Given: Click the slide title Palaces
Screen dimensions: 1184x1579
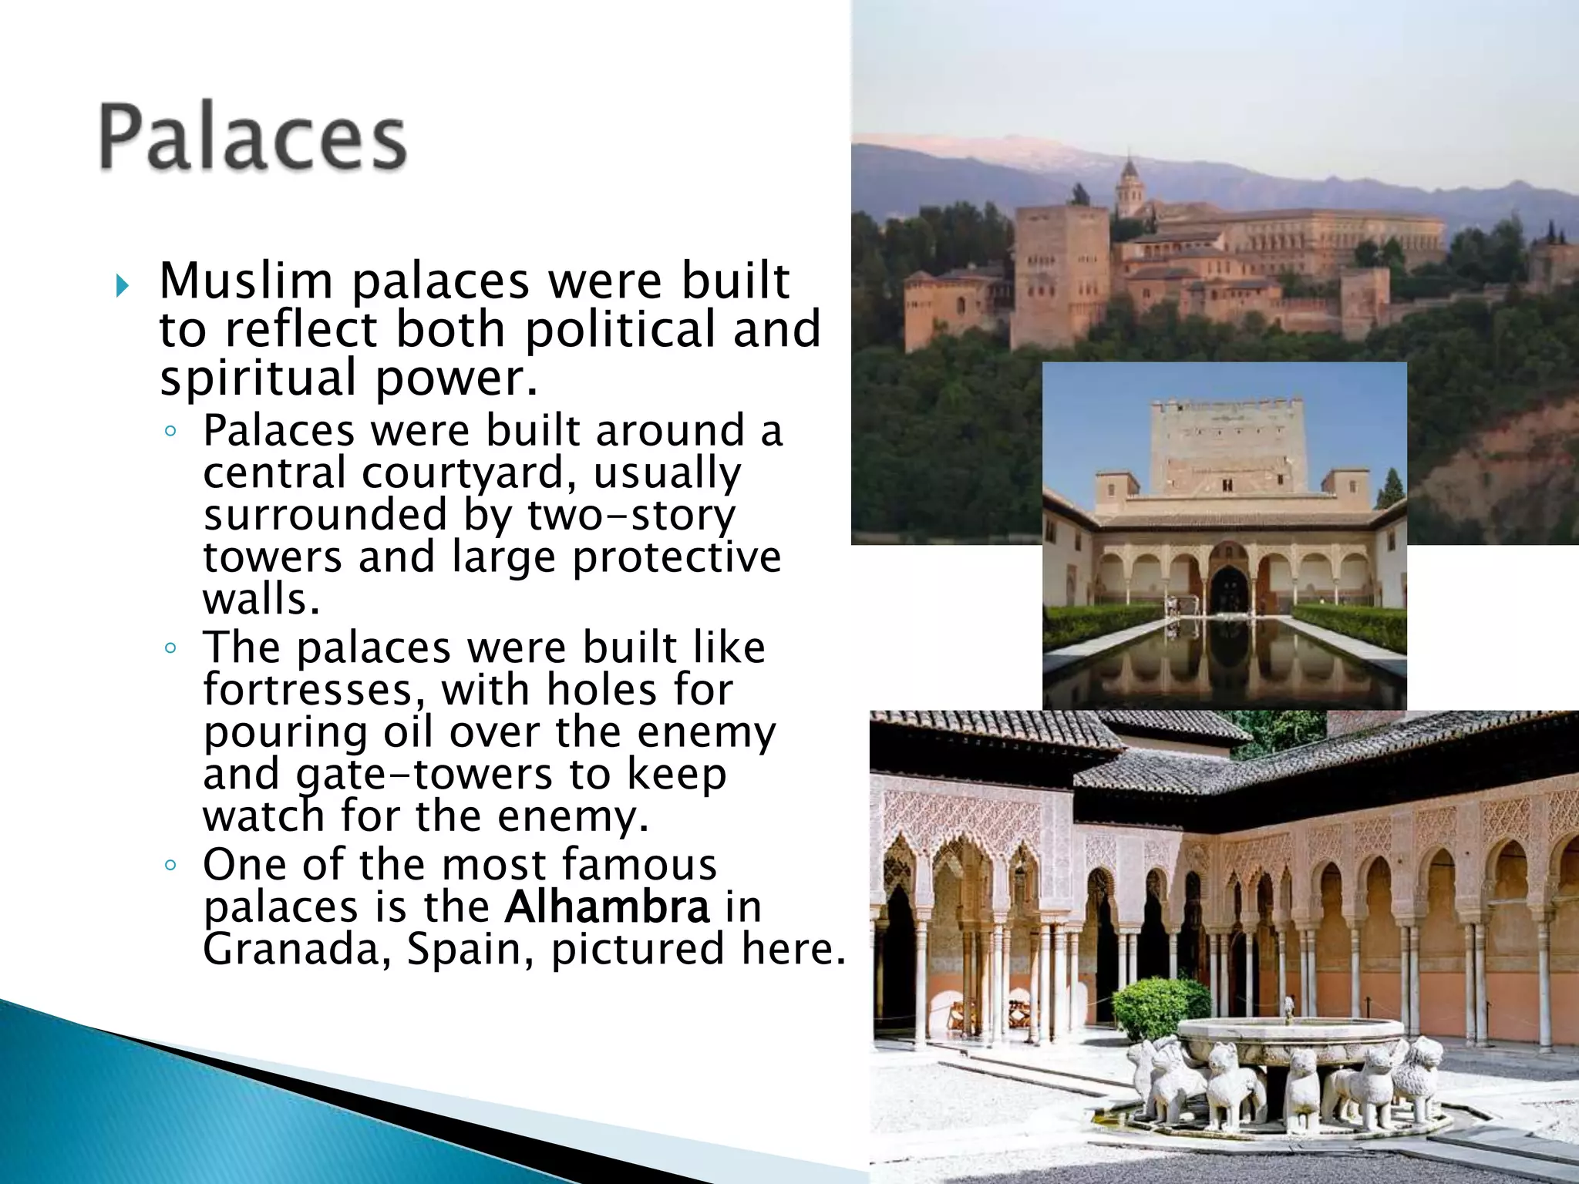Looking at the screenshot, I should point(252,139).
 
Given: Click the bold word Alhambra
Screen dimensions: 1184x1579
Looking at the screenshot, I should point(607,907).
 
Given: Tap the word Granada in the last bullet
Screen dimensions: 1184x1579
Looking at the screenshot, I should point(297,949).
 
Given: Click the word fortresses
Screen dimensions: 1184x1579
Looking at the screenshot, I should point(313,690).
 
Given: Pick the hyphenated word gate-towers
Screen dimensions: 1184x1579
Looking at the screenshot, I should point(424,775).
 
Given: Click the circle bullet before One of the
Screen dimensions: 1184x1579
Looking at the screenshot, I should point(170,865).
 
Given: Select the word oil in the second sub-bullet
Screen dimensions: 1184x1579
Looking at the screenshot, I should point(408,732).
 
